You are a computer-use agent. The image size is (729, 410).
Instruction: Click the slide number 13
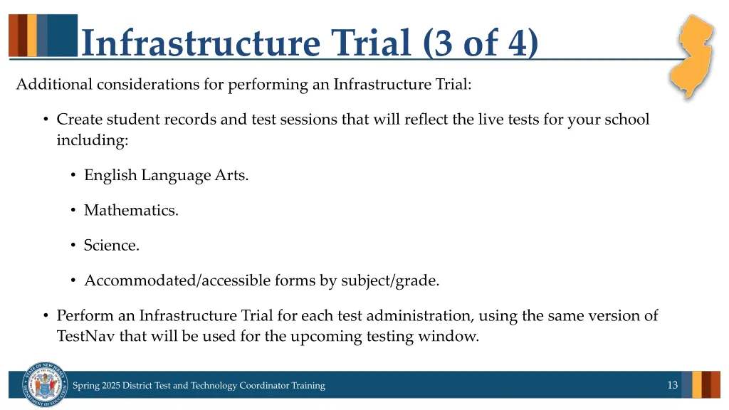point(672,385)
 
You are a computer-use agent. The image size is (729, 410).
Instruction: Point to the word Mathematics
point(131,210)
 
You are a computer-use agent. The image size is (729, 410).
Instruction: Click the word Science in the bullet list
point(111,245)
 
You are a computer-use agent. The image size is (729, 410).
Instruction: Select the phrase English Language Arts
point(166,175)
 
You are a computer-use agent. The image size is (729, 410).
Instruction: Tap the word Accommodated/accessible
point(177,280)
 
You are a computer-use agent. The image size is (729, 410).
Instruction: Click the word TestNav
point(85,336)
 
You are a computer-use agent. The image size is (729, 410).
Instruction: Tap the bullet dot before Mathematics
point(73,210)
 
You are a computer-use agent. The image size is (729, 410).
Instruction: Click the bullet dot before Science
point(73,245)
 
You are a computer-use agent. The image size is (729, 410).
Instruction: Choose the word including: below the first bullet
point(93,140)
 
